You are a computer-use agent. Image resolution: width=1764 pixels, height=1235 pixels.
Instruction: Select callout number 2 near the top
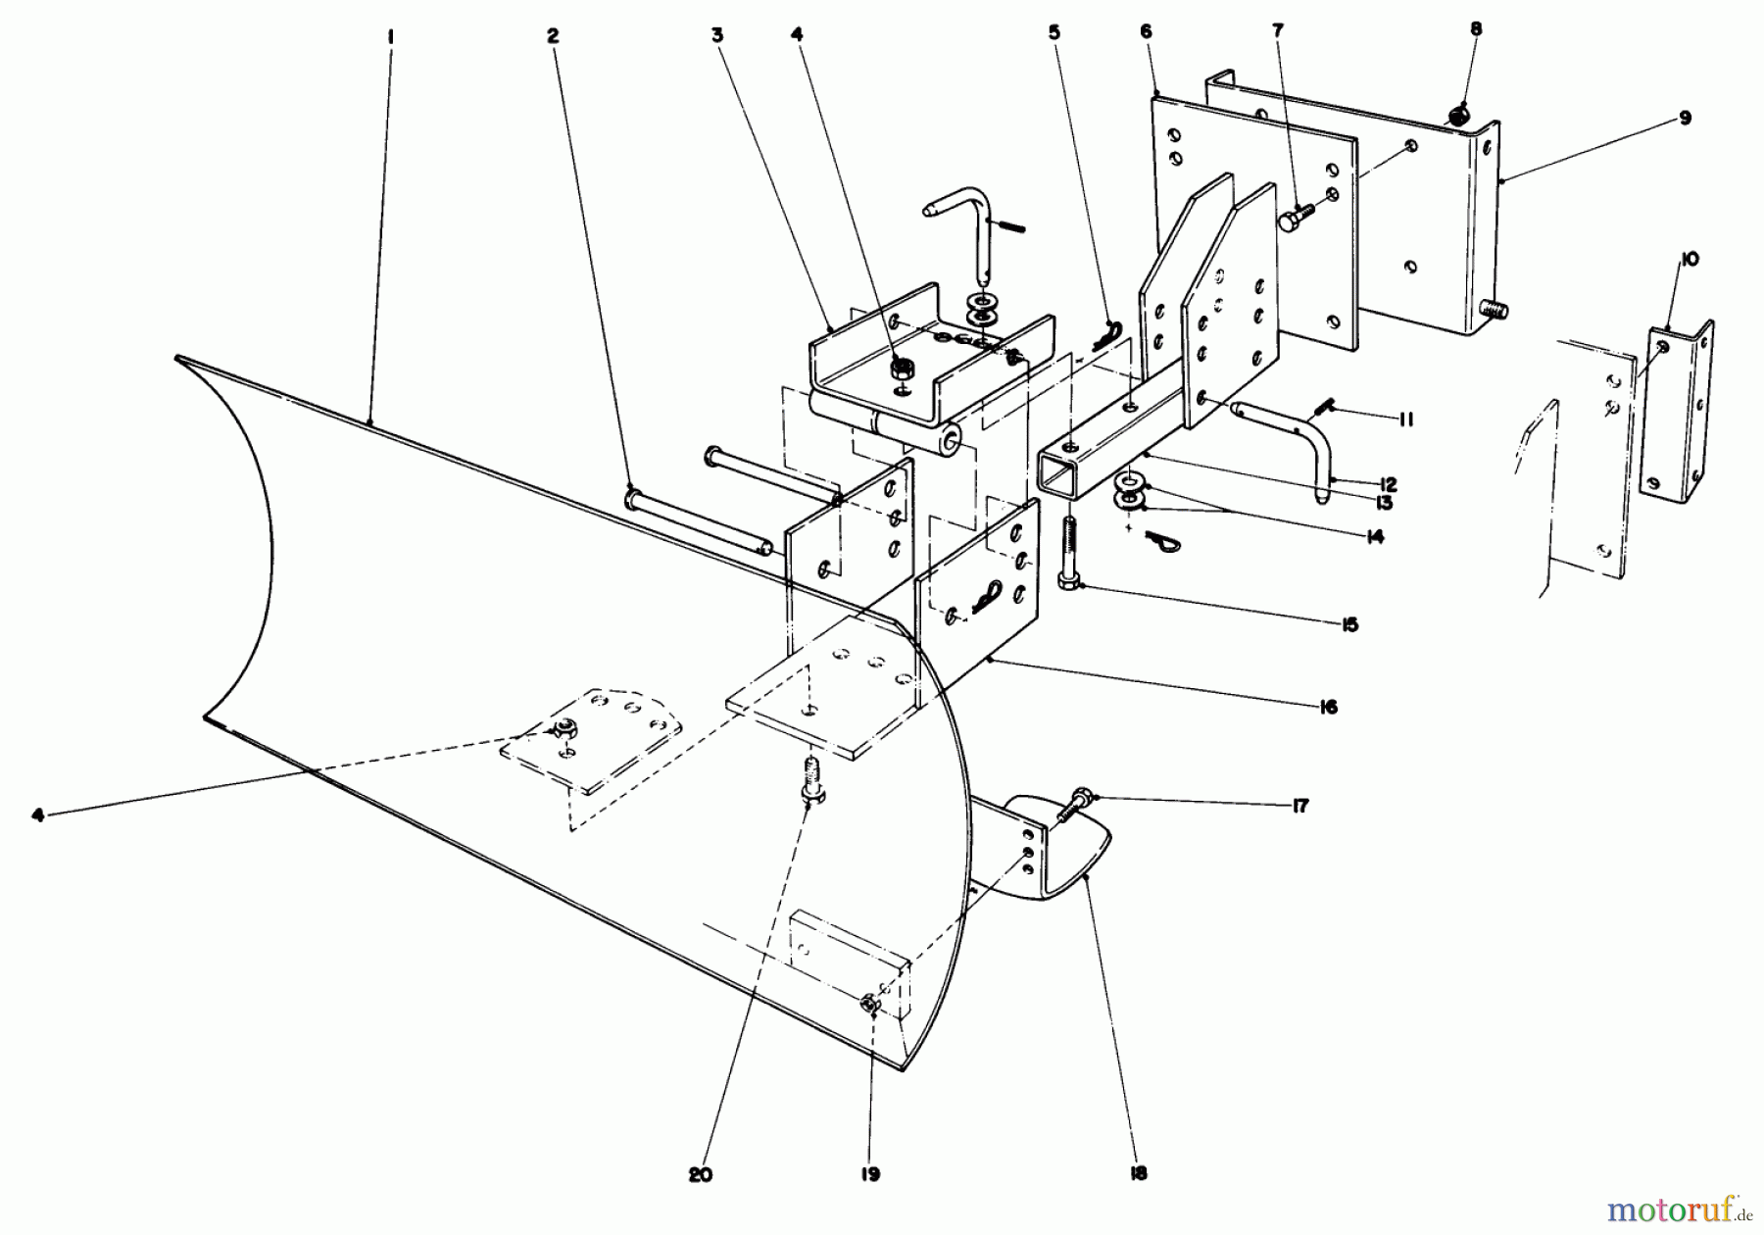pyautogui.click(x=553, y=35)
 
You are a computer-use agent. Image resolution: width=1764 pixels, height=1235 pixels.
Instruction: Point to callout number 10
pyautogui.click(x=1690, y=260)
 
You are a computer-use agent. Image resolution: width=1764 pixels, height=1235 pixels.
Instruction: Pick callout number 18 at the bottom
pyautogui.click(x=1137, y=1172)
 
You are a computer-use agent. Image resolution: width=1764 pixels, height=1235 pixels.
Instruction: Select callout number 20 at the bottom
pyautogui.click(x=700, y=1175)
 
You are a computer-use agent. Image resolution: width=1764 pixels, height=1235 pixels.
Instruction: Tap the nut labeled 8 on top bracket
pyautogui.click(x=1458, y=116)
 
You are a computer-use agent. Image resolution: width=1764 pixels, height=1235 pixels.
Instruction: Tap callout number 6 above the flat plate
pyautogui.click(x=1147, y=32)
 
